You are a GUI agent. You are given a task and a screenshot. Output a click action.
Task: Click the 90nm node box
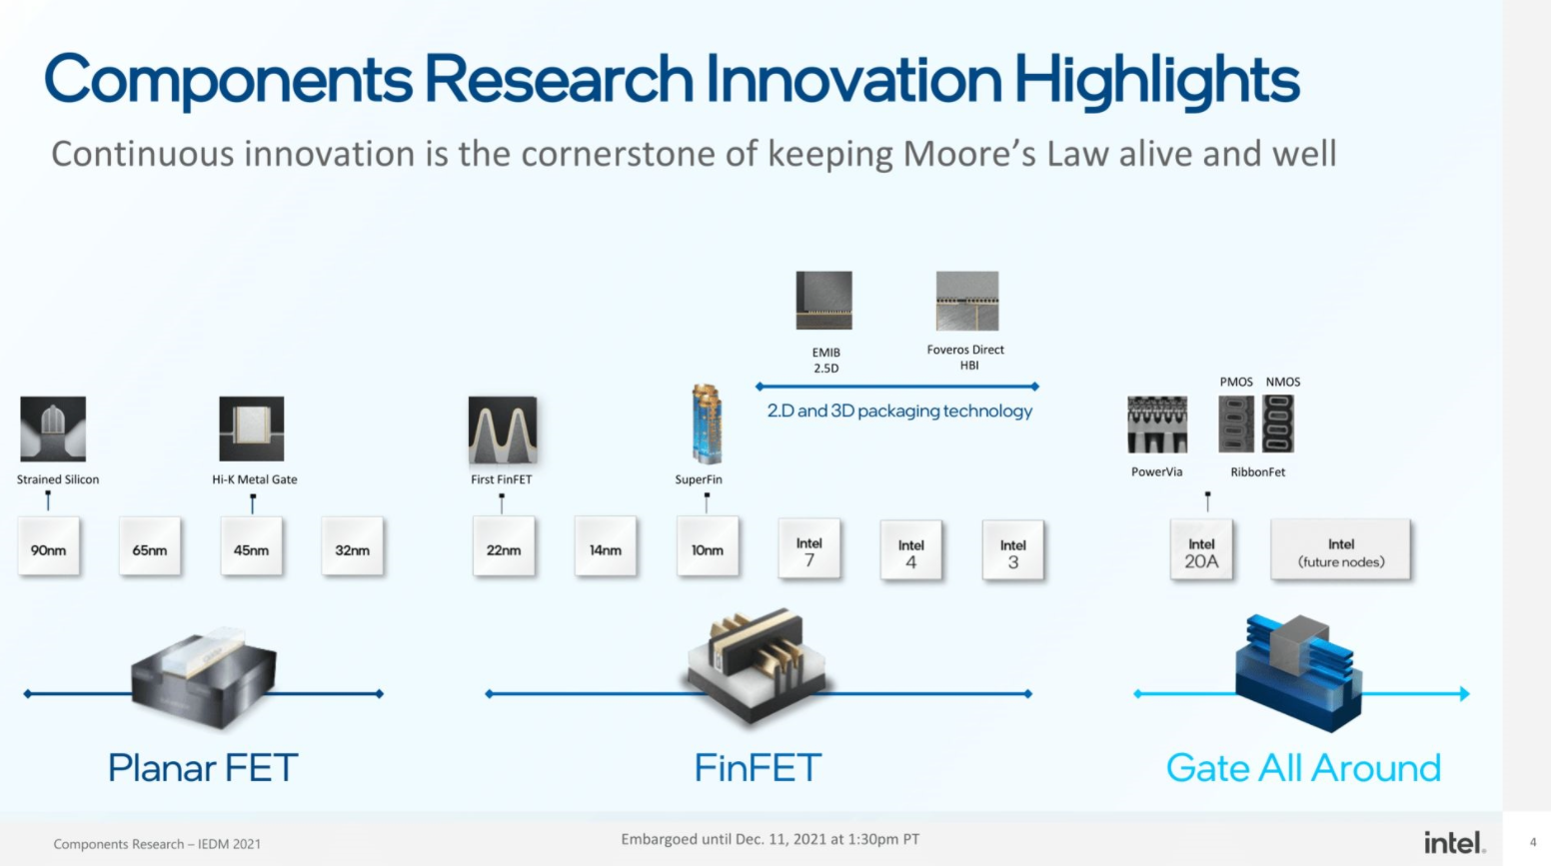49,547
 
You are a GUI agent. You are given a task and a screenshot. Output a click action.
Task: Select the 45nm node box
251,547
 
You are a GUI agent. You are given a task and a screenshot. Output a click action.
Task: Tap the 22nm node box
504,547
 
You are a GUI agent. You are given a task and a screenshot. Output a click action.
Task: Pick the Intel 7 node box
809,549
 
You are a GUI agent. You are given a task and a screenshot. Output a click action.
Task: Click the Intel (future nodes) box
1341,550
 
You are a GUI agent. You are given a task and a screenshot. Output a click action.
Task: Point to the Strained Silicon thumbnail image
53,429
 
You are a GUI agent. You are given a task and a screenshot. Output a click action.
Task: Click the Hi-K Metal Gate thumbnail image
252,429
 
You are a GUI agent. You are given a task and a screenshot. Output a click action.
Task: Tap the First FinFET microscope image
503,430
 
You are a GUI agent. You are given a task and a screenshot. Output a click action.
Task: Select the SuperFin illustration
707,425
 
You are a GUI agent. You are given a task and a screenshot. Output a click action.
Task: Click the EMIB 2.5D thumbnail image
824,300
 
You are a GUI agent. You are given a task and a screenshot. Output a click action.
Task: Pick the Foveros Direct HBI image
966,301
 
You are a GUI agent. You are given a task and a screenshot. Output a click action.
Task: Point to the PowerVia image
1157,425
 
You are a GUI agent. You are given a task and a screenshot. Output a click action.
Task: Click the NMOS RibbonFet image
1278,424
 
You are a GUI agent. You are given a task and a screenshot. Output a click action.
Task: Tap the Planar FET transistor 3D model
205,676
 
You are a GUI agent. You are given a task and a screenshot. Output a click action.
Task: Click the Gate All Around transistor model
1297,671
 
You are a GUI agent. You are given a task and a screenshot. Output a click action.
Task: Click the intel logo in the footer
1454,842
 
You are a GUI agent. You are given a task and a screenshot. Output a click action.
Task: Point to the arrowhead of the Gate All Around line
1464,693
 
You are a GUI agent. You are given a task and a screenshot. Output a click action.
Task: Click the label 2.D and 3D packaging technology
899,411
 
